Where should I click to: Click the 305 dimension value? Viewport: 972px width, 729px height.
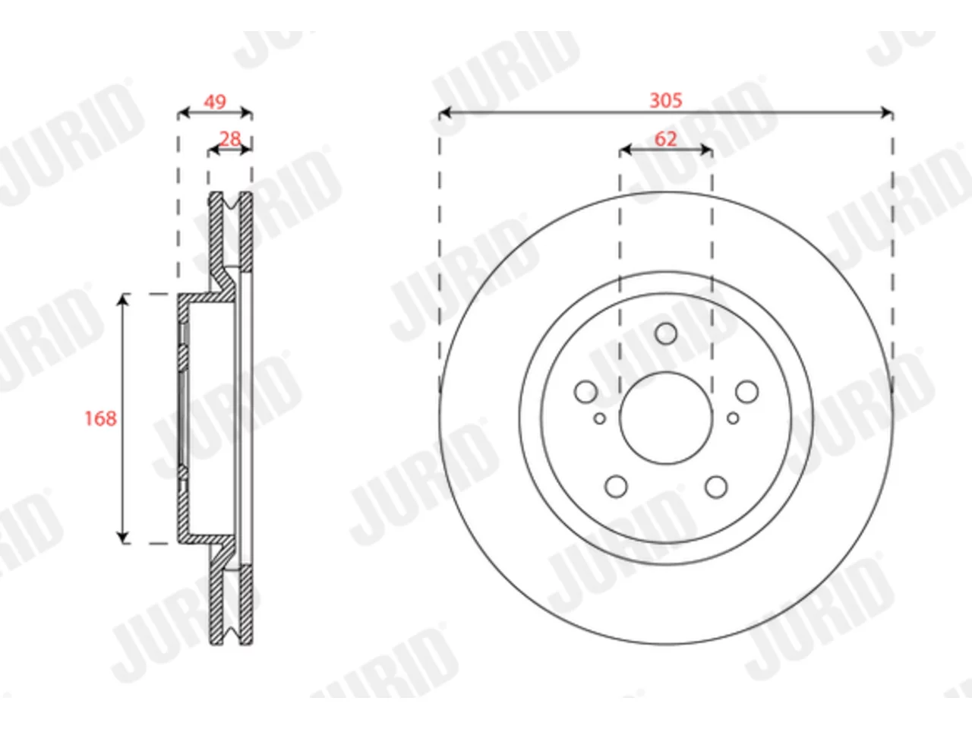665,100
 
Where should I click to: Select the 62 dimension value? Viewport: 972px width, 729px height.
665,140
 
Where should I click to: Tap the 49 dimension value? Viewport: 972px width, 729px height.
215,103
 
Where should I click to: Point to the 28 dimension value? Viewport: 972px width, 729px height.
230,140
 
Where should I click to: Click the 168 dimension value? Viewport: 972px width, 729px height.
100,418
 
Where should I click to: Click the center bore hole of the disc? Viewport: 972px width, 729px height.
666,418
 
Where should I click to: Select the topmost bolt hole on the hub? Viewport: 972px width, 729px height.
666,333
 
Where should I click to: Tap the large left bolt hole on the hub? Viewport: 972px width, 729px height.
585,392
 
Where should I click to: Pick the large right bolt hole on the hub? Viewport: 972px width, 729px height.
746,392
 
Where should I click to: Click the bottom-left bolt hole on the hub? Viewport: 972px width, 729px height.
616,487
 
